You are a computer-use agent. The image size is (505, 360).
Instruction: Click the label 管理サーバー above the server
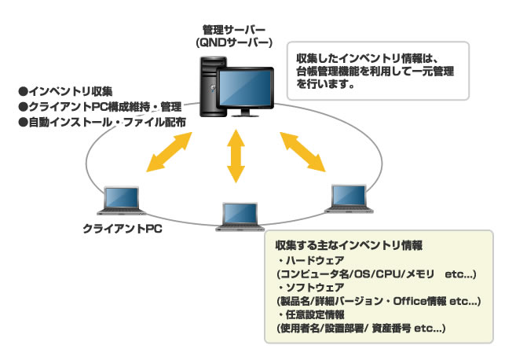[x=234, y=30]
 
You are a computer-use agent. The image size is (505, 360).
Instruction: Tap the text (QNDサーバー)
[x=234, y=43]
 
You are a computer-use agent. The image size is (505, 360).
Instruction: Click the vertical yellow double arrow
[x=236, y=156]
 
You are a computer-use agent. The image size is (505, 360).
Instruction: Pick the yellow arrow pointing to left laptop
[x=169, y=152]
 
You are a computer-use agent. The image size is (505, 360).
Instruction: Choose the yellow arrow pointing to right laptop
[x=302, y=152]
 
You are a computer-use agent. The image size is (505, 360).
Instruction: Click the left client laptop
[x=122, y=200]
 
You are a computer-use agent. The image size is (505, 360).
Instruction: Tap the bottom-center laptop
[x=240, y=217]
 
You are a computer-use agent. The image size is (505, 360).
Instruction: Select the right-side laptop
[x=349, y=199]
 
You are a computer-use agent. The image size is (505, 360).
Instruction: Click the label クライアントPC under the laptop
[x=123, y=229]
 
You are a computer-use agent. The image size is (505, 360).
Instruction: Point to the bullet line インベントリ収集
[x=65, y=91]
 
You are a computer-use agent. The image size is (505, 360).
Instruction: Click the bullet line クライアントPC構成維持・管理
[x=101, y=107]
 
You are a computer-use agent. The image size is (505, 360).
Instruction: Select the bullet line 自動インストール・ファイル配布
[x=102, y=122]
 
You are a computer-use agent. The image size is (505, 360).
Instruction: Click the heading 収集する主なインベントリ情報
[x=349, y=245]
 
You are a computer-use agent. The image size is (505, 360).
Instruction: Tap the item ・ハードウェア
[x=311, y=260]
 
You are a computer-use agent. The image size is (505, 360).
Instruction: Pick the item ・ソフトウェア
[x=311, y=287]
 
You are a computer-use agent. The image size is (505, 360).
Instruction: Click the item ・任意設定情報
[x=311, y=314]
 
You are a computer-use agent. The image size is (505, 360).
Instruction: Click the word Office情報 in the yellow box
[x=420, y=301]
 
